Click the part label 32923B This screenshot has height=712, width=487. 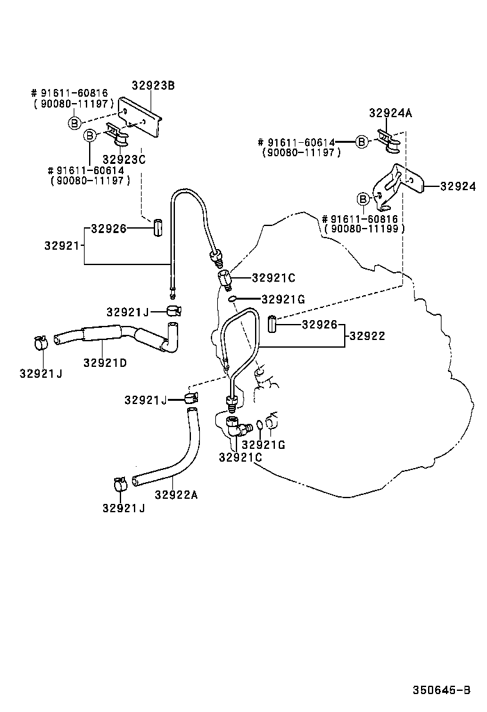pos(153,85)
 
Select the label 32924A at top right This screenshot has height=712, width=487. pos(390,113)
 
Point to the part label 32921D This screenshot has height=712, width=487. pos(104,363)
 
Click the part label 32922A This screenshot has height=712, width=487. pos(176,494)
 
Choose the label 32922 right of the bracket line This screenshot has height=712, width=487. pos(368,335)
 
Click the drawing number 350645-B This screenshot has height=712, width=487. pos(442,690)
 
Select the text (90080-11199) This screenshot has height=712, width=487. pos(364,229)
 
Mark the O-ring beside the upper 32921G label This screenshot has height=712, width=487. pos(235,298)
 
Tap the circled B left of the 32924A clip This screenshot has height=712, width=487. pos(361,142)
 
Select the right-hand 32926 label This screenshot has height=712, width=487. pos(319,325)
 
